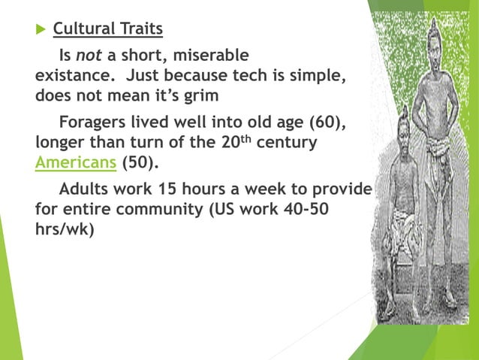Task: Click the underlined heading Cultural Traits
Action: point(107,29)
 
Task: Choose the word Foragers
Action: point(93,122)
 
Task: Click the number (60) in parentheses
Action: point(330,122)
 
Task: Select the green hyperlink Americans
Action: point(75,163)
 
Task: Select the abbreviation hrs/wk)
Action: point(65,229)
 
